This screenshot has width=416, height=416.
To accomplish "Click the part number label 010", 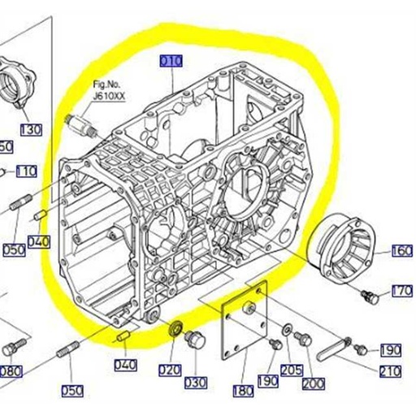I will pos(171,61).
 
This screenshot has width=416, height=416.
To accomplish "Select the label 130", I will pos(30,129).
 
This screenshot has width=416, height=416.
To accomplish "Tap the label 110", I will pos(26,171).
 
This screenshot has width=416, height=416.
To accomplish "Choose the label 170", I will pos(401,291).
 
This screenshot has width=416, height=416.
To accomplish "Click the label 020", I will pos(169,370).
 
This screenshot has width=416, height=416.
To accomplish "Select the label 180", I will pos(242,391).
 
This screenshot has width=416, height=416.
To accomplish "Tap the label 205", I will pos(291,370).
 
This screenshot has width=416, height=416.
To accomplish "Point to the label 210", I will pos(389,371).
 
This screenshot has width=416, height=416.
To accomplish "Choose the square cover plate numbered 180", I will pos(246,319).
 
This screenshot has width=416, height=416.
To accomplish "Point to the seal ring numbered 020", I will pos(174,330).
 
